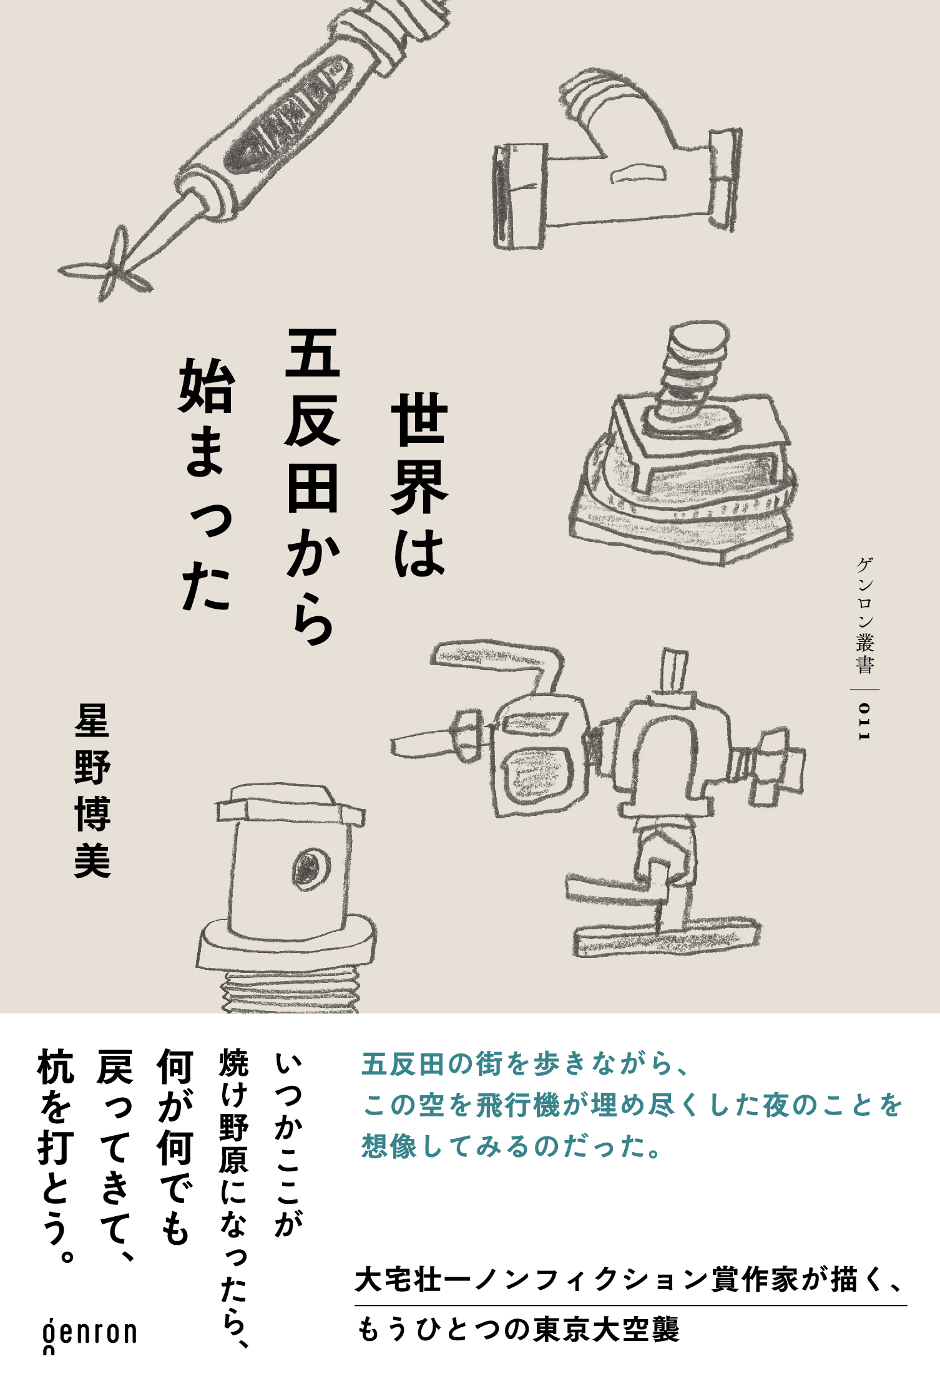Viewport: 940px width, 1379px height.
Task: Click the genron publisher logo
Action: [89, 1334]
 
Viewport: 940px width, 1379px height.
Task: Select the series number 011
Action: [864, 722]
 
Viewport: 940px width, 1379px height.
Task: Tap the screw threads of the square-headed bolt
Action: [287, 992]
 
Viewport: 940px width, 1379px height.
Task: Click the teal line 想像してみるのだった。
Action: [512, 1146]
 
